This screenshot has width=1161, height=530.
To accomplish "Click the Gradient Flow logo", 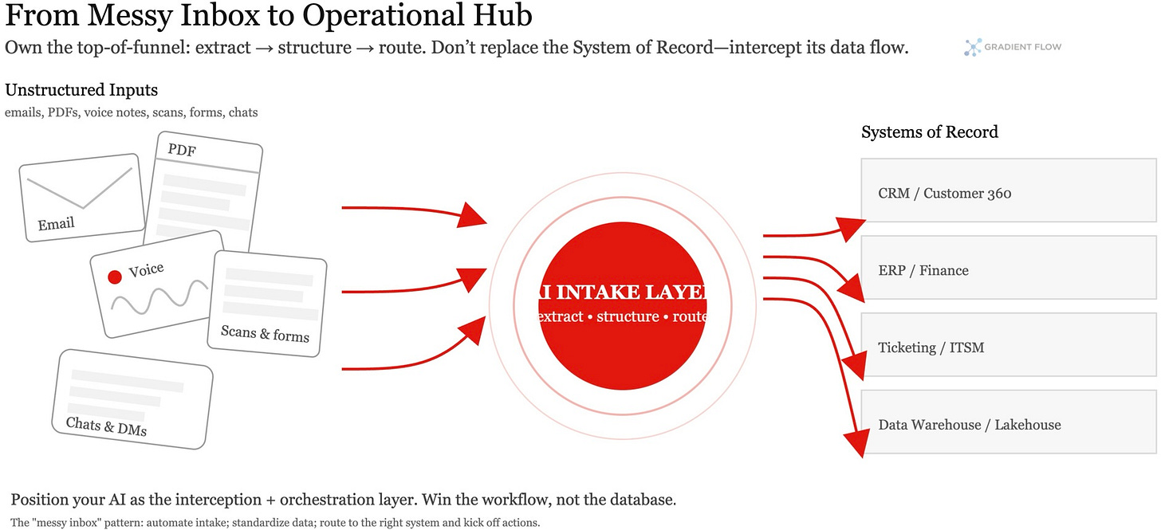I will point(972,48).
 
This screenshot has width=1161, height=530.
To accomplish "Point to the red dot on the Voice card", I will point(115,277).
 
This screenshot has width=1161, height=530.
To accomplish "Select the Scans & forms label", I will point(265,333).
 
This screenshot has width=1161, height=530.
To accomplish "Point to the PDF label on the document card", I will point(182,150).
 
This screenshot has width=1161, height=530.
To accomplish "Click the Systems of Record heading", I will point(929,132).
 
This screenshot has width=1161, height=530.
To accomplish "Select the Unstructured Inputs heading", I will point(81,90).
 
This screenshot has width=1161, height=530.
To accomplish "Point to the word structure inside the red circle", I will point(628,316).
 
